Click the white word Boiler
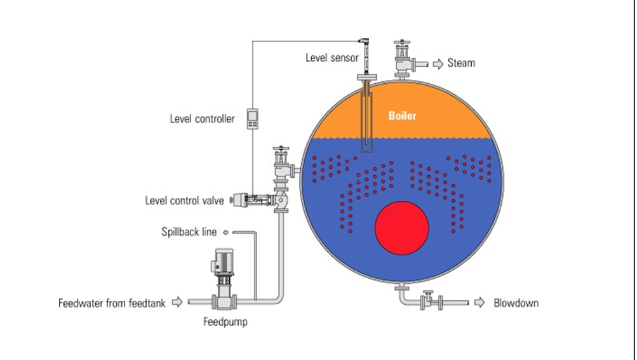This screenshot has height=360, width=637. [402, 116]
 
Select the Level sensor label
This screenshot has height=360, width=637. [331, 58]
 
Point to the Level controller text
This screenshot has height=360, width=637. [202, 119]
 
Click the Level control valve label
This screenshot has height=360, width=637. [184, 201]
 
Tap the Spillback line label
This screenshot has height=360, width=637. [189, 232]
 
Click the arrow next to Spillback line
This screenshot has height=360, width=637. [224, 232]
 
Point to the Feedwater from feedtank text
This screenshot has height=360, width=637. [112, 303]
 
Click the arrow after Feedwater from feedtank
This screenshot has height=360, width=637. [177, 303]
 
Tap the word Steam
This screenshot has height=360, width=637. [461, 63]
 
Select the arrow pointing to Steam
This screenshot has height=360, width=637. [438, 63]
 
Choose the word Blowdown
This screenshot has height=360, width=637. [516, 303]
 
